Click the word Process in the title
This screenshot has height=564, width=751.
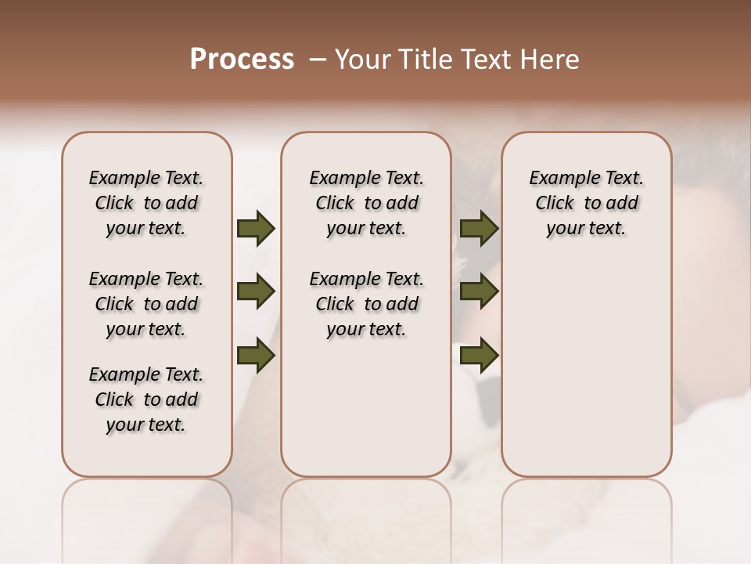(242, 60)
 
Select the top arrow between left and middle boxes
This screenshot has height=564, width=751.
(256, 229)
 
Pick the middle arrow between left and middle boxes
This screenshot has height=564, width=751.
(256, 292)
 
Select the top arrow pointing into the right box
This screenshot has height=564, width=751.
(479, 229)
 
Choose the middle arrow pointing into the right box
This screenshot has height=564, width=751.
(479, 292)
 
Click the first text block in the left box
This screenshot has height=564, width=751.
(146, 203)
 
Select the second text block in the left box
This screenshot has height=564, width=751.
(146, 304)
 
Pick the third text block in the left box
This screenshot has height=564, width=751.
(146, 399)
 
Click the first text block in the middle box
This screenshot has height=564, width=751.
(366, 203)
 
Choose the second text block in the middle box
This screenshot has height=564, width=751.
(366, 304)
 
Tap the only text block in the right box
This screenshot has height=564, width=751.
(586, 203)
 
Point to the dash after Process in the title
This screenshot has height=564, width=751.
(318, 60)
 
